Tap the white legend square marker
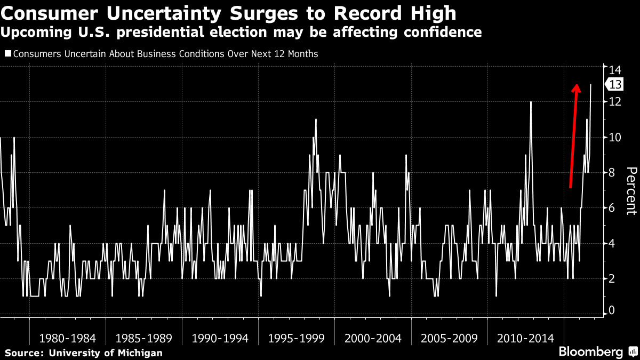[8, 54]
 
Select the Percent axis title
[631, 190]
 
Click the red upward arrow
[573, 136]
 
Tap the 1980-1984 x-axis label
[67, 338]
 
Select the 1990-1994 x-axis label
[220, 338]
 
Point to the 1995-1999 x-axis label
[297, 338]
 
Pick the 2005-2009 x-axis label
[449, 338]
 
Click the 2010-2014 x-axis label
[525, 338]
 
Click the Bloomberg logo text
[590, 352]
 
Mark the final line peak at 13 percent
[590, 85]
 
